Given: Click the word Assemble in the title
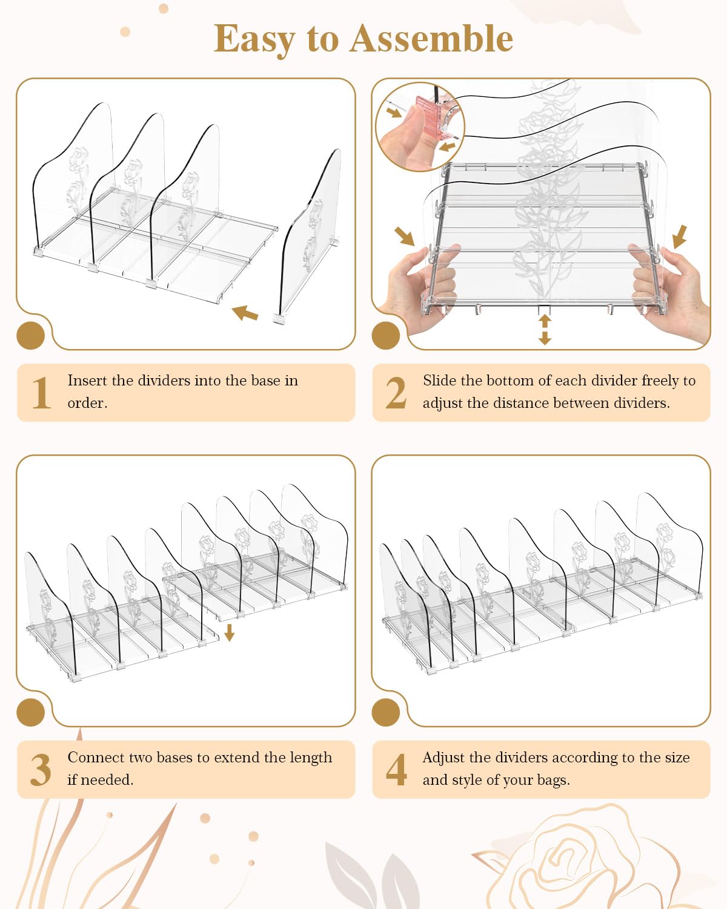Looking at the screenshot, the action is pos(431,39).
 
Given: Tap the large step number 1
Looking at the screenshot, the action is pos(41,393).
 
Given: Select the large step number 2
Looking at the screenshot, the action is pos(396,393).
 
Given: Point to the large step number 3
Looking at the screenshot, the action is pos(41,770).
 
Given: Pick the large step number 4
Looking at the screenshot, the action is pos(396,770).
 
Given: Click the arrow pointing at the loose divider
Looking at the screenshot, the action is pos(245,313).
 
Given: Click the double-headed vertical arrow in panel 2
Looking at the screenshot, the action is pos(545,330).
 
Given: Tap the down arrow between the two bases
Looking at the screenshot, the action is pos(230,632).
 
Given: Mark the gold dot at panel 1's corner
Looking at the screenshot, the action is pos(30,336).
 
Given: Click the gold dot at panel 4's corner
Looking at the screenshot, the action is pos(386,713).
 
